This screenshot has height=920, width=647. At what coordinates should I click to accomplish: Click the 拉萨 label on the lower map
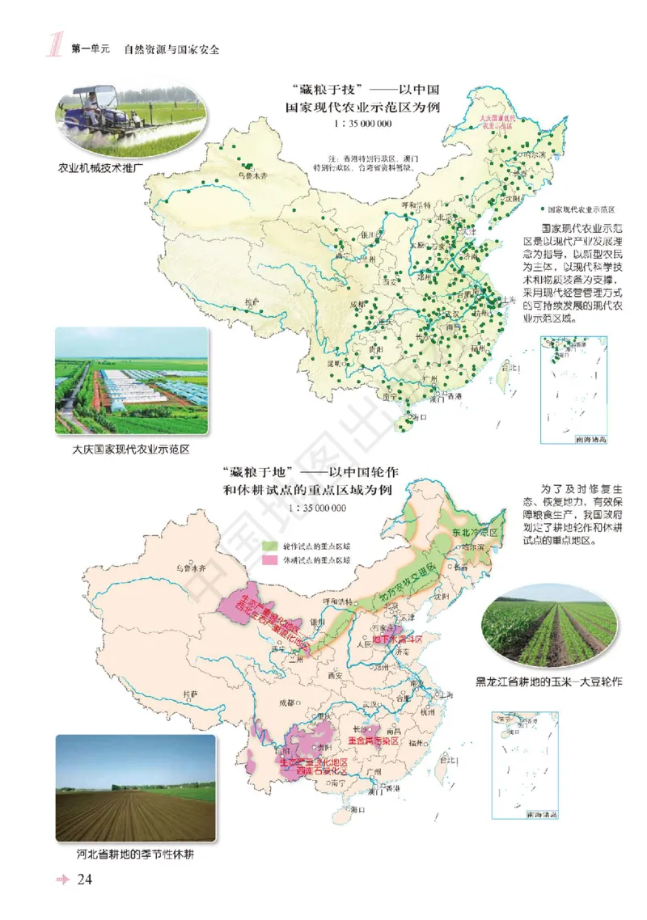tap(190, 693)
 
